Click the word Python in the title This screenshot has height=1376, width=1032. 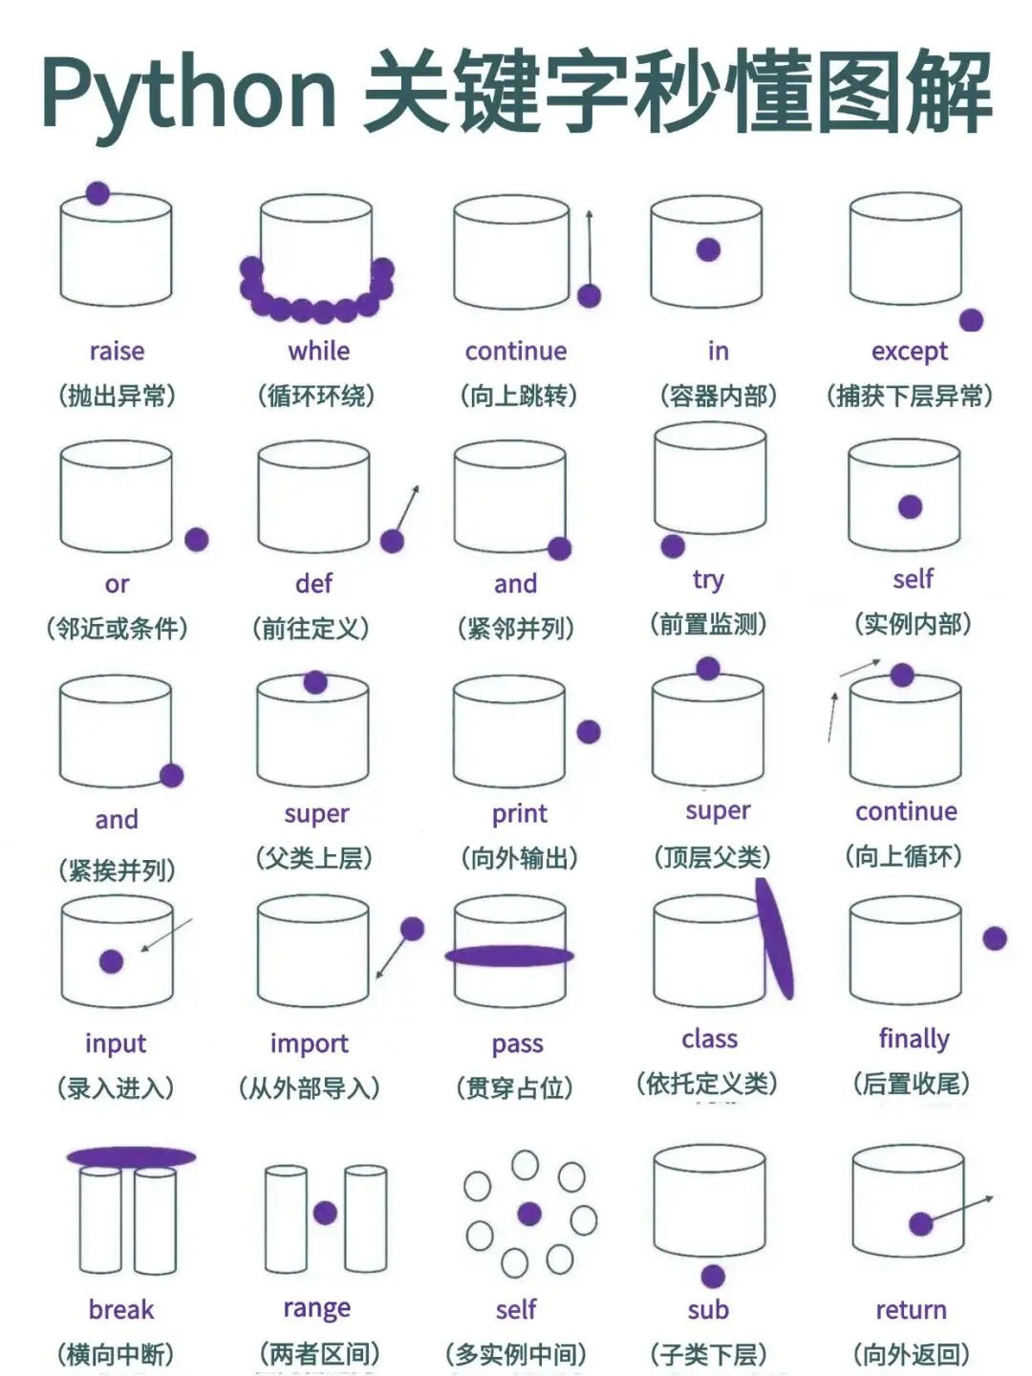tap(189, 94)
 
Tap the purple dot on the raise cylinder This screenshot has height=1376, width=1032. tap(97, 193)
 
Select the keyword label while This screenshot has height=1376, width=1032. tap(319, 351)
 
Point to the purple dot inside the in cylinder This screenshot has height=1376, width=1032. tap(708, 249)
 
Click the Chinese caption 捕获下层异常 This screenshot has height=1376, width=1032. tap(910, 396)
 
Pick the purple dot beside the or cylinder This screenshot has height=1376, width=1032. tap(196, 539)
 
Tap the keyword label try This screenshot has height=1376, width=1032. tap(709, 580)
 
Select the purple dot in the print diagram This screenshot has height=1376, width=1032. tap(589, 732)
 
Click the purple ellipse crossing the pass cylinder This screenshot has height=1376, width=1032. tap(509, 956)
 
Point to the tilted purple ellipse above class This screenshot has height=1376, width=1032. tap(774, 937)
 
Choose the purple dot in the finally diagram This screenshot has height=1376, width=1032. tap(995, 938)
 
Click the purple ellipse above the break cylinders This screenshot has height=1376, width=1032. tap(131, 1156)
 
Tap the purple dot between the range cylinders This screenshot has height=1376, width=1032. tap(325, 1213)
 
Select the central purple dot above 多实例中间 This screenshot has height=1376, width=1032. tap(529, 1214)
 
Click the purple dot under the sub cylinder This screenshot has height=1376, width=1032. tap(713, 1275)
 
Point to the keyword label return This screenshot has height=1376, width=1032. tap(911, 1309)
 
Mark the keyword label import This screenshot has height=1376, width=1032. tap(309, 1043)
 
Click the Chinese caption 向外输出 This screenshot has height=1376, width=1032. tap(520, 857)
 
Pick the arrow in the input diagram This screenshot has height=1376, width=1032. tap(166, 935)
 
